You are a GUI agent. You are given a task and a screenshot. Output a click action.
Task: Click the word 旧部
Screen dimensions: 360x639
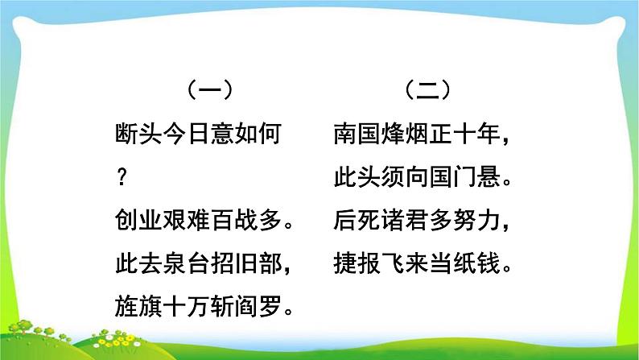click(x=262, y=263)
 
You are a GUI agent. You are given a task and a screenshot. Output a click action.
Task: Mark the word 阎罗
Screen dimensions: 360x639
click(x=262, y=305)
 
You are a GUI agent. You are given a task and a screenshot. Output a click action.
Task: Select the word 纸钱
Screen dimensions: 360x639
click(x=478, y=263)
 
